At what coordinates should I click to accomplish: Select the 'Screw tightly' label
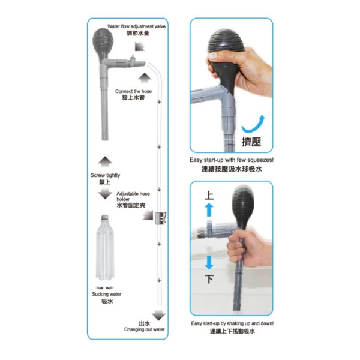(105, 175)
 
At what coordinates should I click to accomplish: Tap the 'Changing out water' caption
(144, 329)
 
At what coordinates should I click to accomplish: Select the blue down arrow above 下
(209, 262)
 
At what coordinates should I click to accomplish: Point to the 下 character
(209, 280)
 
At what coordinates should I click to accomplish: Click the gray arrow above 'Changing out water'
(158, 314)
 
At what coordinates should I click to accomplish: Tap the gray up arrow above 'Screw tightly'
(105, 161)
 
